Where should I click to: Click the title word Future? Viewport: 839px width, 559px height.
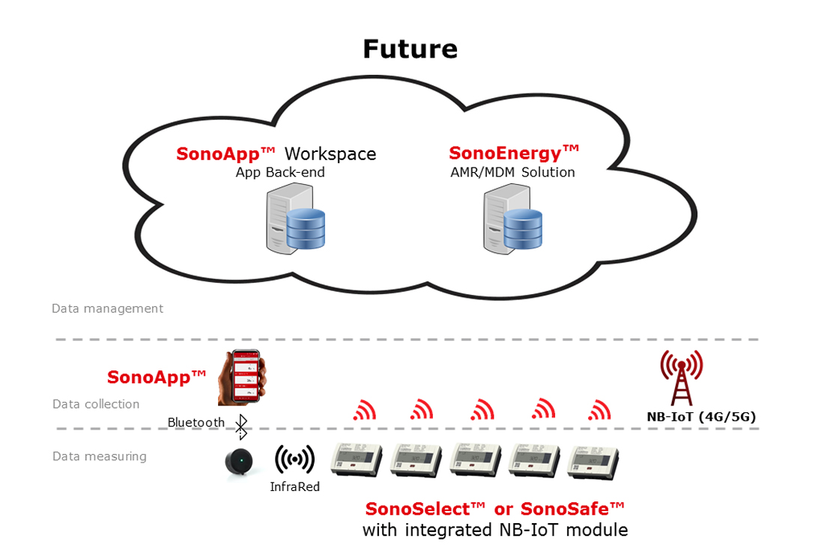coord(410,49)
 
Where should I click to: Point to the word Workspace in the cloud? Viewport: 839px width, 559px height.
coord(330,154)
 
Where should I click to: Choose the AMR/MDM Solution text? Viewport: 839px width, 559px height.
coord(513,172)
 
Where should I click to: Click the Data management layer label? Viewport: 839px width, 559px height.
coord(107,308)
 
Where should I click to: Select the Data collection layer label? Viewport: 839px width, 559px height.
coord(96,404)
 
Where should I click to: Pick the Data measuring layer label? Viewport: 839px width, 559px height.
coord(100,456)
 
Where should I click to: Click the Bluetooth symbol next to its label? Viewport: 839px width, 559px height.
coord(241,427)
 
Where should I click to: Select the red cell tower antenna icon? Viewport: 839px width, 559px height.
coord(681,376)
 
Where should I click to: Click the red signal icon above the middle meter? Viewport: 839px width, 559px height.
coord(482,409)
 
